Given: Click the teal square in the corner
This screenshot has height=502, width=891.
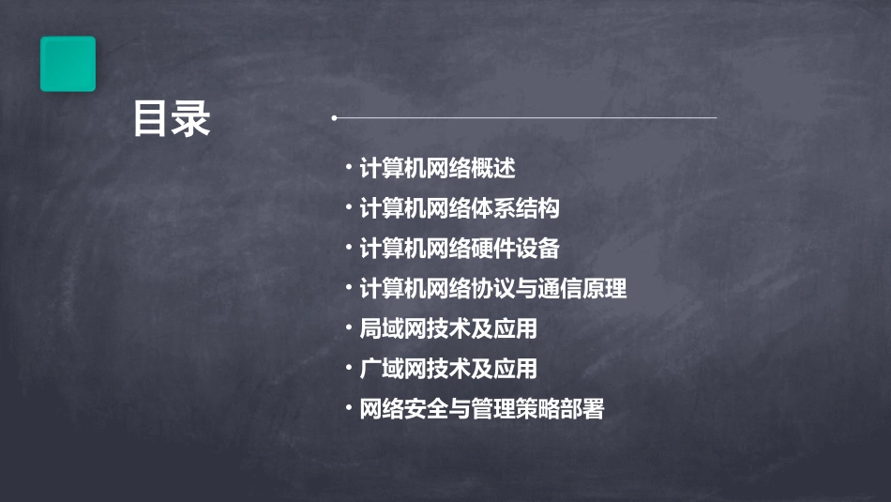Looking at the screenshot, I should pyautogui.click(x=68, y=64).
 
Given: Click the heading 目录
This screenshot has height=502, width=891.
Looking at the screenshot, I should pyautogui.click(x=172, y=119).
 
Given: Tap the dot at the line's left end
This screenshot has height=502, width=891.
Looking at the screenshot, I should pyautogui.click(x=334, y=118).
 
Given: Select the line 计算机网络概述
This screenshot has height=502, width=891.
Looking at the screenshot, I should pyautogui.click(x=437, y=169).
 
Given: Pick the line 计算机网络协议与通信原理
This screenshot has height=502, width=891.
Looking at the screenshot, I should pyautogui.click(x=492, y=289).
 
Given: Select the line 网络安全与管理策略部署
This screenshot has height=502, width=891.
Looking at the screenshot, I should pyautogui.click(x=482, y=409).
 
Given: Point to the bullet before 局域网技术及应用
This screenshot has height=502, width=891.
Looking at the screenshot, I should pyautogui.click(x=348, y=327).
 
